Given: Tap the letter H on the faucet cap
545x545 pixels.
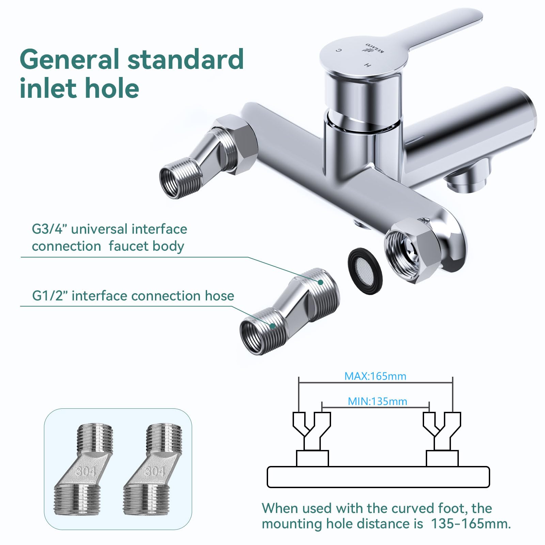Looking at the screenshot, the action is [367, 65].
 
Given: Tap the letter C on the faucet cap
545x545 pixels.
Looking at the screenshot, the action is [338, 50].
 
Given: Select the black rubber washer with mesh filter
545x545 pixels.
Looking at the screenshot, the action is [365, 271].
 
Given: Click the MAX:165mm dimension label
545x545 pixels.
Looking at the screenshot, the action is [375, 376].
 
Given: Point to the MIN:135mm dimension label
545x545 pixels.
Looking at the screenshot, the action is [377, 401].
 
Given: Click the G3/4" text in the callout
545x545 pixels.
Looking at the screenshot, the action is [50, 229].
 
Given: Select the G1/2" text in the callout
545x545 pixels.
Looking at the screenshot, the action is [50, 296].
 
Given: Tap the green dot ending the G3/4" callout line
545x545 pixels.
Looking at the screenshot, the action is [320, 282].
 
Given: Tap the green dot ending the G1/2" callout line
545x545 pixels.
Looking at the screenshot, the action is [272, 326].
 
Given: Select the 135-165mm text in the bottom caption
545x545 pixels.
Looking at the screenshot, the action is [471, 524].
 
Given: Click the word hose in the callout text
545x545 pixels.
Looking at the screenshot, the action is [219, 296].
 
